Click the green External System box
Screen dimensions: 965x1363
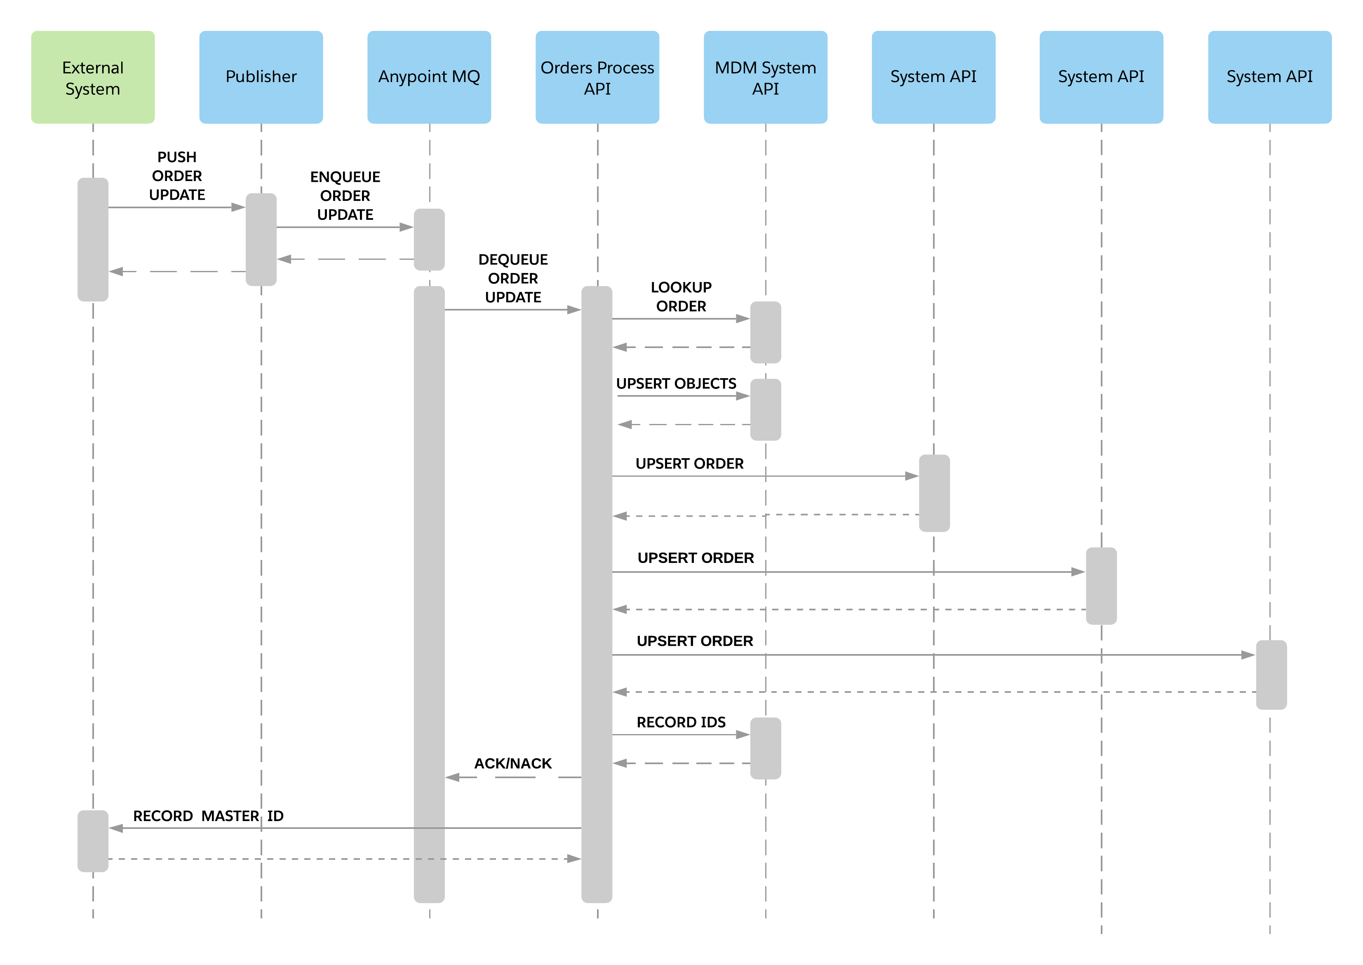point(93,77)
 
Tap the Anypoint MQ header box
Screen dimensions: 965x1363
point(429,77)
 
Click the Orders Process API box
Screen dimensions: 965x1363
point(597,77)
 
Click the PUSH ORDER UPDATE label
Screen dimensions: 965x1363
point(177,176)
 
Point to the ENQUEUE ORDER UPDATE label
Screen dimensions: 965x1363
point(345,195)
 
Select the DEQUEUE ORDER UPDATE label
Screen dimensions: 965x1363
point(513,278)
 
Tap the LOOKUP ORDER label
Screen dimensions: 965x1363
point(681,297)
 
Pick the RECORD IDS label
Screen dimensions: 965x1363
point(681,723)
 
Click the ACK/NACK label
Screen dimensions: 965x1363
point(513,764)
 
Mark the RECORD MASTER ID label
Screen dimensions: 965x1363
point(208,816)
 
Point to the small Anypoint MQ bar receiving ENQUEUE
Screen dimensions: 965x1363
point(429,240)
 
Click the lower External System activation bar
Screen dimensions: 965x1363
point(93,841)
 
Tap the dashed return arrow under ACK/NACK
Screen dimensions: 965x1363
point(513,777)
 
